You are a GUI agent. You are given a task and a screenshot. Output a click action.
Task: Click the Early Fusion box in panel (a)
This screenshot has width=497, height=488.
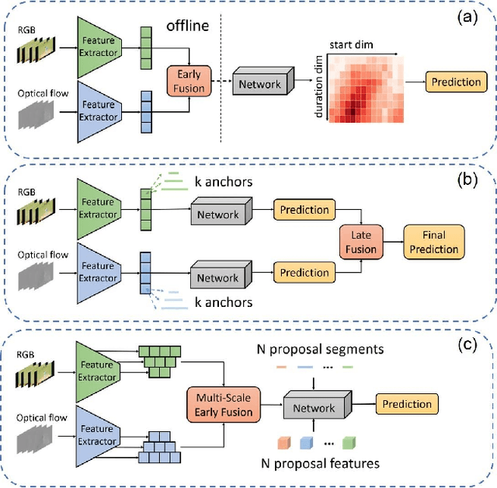(x=189, y=80)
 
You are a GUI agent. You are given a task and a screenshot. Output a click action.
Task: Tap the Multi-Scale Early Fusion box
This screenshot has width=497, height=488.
(x=221, y=407)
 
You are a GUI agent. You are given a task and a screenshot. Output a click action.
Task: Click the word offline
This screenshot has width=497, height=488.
(x=189, y=26)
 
